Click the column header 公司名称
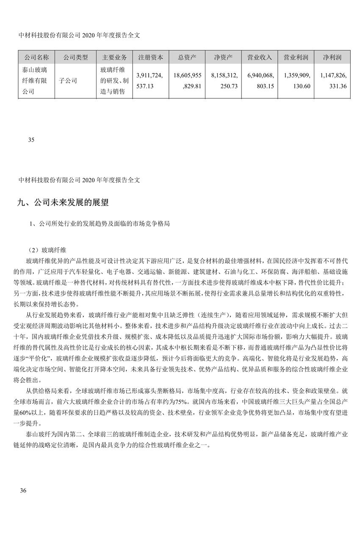37,57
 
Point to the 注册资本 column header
151,57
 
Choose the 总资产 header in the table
187,57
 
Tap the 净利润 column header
332,57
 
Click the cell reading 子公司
68,80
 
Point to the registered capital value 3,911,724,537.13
150,80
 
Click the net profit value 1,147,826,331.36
332,80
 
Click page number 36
23,491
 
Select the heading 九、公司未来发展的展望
63,203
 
